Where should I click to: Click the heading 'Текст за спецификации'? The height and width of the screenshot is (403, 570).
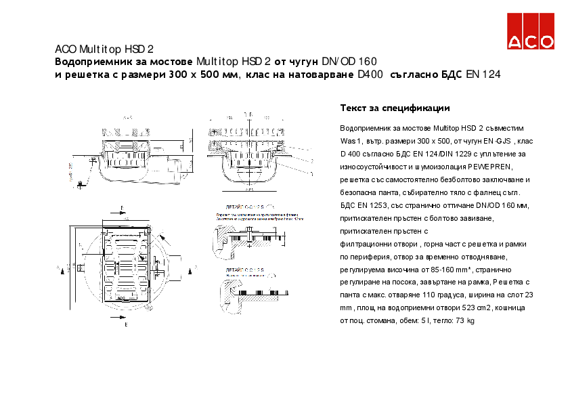[x=395, y=108]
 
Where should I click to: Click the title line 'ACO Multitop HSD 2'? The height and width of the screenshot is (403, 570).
[x=104, y=49]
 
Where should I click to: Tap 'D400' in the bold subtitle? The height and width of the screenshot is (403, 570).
[x=370, y=75]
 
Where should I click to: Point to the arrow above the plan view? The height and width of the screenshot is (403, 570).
[x=122, y=208]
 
